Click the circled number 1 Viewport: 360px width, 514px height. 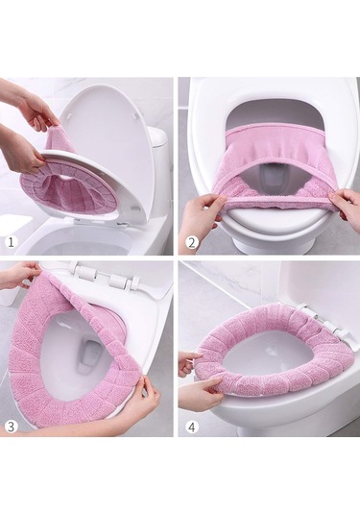pos(12,242)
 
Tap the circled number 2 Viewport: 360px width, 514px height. pos(192,242)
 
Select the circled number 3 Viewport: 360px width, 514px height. pos(12,427)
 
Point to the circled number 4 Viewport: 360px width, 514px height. pos(192,427)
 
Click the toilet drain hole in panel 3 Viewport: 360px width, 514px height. pos(86,354)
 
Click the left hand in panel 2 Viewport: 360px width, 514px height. pos(204,209)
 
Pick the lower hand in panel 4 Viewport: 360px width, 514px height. pos(197,393)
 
